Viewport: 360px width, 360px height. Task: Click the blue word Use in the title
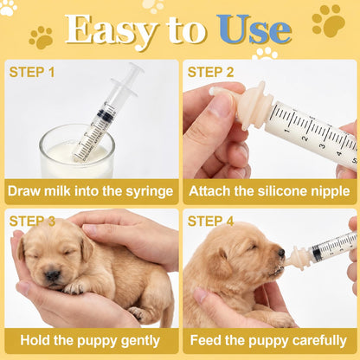(254, 29)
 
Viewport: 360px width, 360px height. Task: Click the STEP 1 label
(32, 72)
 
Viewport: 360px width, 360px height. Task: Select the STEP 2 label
(210, 72)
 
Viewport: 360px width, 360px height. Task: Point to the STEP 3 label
(32, 222)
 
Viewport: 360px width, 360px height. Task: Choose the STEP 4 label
(210, 222)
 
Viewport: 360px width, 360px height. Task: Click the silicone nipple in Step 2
(242, 106)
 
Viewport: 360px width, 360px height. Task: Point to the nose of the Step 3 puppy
(53, 276)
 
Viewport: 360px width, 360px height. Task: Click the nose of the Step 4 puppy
(281, 253)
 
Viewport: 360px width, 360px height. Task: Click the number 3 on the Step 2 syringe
(323, 145)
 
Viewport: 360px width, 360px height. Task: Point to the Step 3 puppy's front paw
(74, 287)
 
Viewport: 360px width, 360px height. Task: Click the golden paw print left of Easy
(42, 37)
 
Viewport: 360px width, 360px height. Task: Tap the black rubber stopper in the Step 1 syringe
(106, 114)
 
